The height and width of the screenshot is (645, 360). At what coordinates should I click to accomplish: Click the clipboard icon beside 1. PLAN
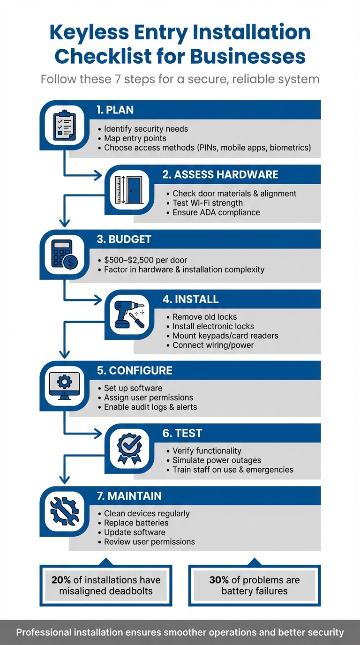pos(64,125)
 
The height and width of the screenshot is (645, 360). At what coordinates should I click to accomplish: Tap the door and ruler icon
pos(129,190)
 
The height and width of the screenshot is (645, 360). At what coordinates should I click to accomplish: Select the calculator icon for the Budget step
pos(64,255)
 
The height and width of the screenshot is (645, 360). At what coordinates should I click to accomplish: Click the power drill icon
pos(129,315)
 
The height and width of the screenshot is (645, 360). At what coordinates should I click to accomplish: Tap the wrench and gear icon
pos(64,511)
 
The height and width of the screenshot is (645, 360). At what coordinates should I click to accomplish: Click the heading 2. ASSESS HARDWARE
pos(220,175)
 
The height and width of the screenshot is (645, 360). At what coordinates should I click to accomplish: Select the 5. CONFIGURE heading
pos(135,370)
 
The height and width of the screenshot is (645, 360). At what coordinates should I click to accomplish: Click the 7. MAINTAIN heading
pos(129,496)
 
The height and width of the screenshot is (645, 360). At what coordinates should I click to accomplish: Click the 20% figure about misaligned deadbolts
pos(61,580)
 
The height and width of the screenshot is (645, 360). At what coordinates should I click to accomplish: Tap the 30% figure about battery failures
pos(219,580)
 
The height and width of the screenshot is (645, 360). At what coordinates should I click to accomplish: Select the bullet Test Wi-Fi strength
pos(208,203)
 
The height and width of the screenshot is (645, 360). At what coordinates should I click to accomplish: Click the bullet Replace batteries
pos(136,523)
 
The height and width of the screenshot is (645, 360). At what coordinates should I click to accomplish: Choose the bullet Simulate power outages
pos(217,460)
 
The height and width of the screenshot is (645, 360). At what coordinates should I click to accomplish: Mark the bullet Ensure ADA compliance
pos(216,212)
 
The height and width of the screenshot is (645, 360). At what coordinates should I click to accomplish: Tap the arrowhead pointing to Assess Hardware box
pos(97,175)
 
